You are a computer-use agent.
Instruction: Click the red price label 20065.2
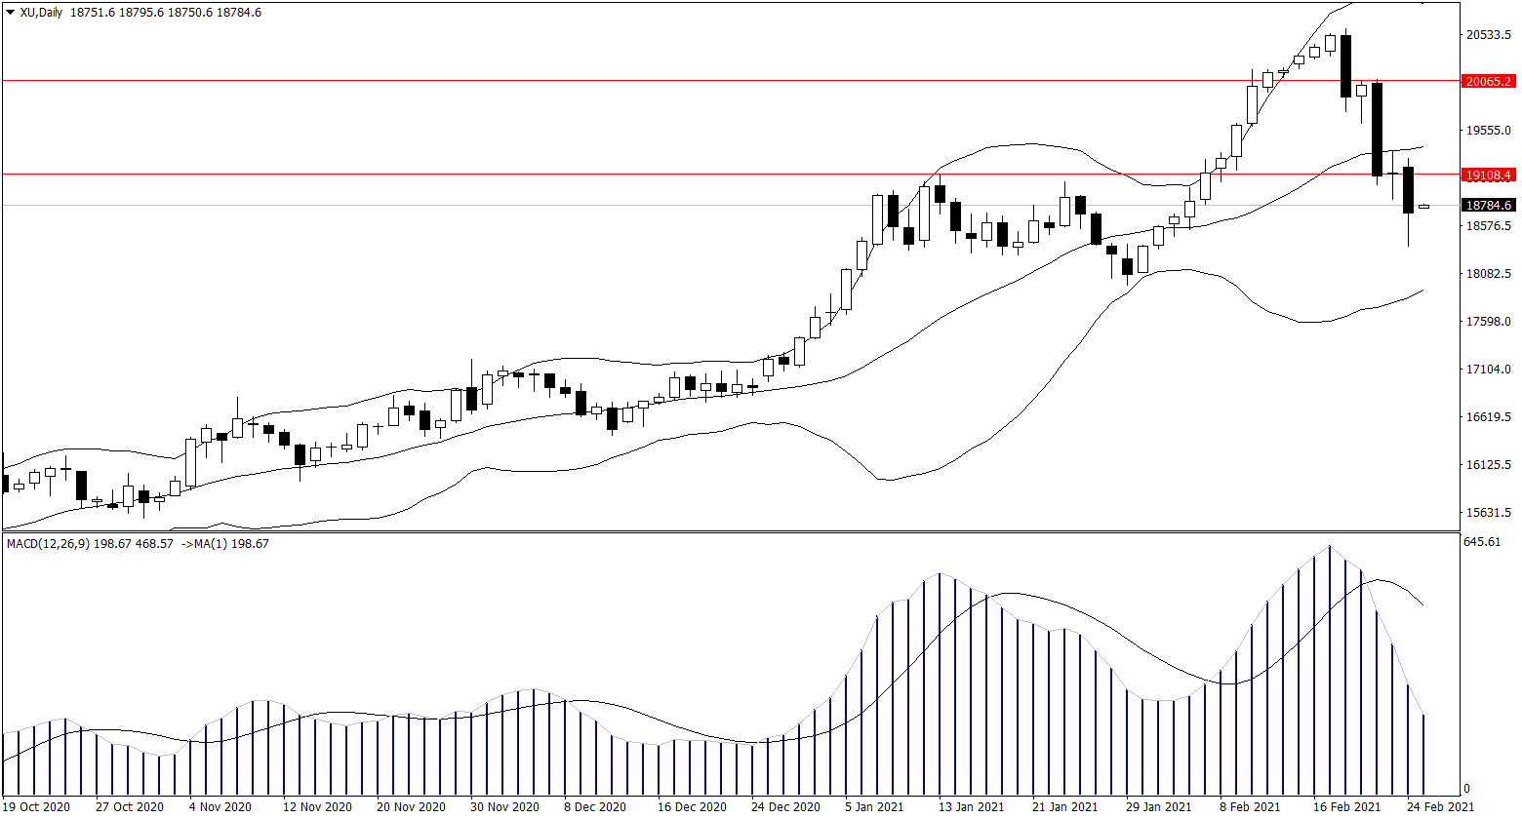1488,81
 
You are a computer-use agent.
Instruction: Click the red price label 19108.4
1488,175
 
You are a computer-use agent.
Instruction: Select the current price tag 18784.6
1488,206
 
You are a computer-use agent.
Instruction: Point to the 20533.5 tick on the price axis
1488,35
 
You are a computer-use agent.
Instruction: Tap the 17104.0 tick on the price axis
1488,370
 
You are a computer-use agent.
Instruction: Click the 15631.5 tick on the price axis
1488,513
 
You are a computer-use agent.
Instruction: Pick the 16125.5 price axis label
1488,465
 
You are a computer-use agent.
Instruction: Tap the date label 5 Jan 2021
873,807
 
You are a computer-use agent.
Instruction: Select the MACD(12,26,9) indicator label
46,543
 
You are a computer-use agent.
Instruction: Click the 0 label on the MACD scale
1466,789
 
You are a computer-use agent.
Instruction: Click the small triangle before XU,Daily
10,13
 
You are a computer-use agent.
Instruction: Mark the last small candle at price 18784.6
1423,207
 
